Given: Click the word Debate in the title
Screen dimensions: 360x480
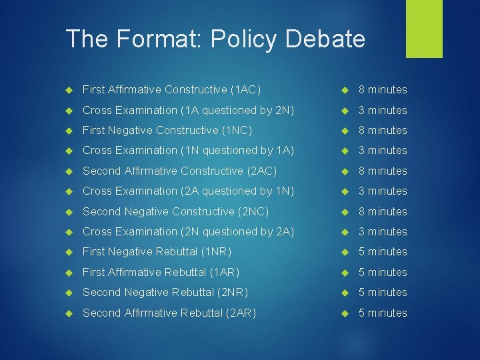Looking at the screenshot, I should click(x=329, y=39).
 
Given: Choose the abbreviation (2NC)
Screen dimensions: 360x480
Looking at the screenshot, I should click(x=253, y=211).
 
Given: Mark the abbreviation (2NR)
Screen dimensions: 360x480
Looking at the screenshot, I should click(x=231, y=292).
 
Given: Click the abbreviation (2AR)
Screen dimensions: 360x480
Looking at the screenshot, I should click(x=241, y=313).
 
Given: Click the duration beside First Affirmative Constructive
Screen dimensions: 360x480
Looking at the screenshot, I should click(x=383, y=89).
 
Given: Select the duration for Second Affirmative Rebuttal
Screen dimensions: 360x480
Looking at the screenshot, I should click(x=383, y=313).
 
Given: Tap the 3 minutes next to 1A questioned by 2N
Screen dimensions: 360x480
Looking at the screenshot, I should click(x=383, y=110).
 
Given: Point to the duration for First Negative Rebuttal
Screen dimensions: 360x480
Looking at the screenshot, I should click(x=383, y=251).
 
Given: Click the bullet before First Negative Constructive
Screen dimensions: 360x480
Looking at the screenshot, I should click(x=69, y=131).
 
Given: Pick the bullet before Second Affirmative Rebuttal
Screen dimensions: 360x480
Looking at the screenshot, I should click(x=69, y=313).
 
